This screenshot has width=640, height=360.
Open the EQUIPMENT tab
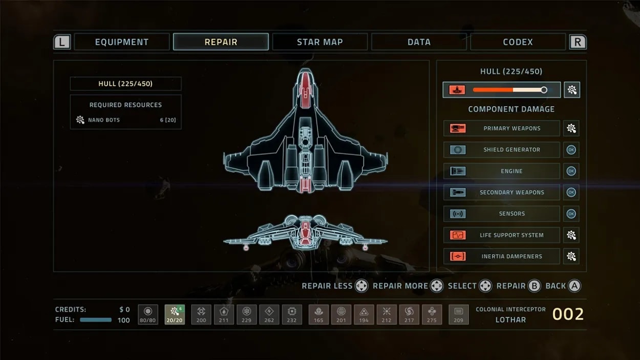click(122, 42)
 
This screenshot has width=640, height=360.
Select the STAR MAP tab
click(319, 42)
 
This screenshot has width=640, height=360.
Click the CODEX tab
click(518, 42)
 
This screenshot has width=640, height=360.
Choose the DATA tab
click(419, 42)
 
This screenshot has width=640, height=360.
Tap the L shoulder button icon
click(62, 42)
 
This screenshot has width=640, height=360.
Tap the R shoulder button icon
click(578, 42)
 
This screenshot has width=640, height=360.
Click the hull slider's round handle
click(544, 90)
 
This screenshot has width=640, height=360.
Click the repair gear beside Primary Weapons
click(571, 129)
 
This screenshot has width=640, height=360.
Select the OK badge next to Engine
click(571, 171)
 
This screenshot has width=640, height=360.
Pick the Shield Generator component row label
click(511, 150)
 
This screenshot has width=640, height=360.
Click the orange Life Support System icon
click(458, 235)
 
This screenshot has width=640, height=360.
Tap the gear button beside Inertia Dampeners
click(571, 256)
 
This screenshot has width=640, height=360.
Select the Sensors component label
click(511, 214)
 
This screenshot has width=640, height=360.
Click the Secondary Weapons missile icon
click(458, 192)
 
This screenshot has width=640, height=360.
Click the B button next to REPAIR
click(534, 286)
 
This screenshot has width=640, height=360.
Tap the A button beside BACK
click(574, 286)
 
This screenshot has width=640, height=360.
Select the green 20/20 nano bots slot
click(175, 314)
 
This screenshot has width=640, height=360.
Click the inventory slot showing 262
click(269, 314)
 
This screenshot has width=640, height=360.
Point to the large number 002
click(568, 314)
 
